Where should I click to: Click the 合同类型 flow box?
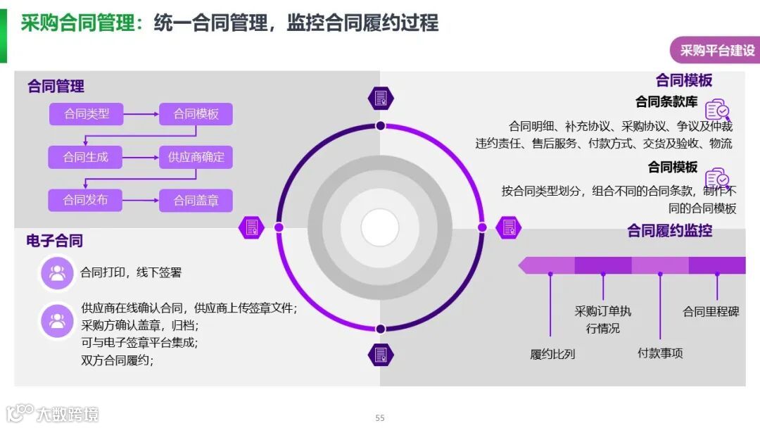click(x=86, y=114)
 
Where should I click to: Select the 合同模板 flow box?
click(x=196, y=114)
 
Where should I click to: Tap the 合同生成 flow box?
click(x=86, y=157)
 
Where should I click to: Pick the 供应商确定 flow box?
click(x=196, y=157)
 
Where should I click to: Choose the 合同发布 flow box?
click(x=86, y=200)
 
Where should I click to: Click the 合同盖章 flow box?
click(x=196, y=201)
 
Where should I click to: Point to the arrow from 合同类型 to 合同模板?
click(x=141, y=114)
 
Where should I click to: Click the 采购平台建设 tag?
click(x=716, y=51)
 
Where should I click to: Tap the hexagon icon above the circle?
click(x=381, y=98)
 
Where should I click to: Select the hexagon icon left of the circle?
click(x=251, y=227)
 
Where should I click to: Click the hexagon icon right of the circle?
click(x=508, y=227)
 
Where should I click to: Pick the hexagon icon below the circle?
click(x=381, y=354)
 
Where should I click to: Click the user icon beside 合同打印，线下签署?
click(x=57, y=273)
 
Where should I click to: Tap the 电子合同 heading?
click(x=55, y=241)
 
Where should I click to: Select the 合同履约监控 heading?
click(x=669, y=230)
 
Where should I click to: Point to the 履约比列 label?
click(x=552, y=354)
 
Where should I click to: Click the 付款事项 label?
click(x=660, y=353)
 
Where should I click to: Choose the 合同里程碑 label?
click(x=711, y=311)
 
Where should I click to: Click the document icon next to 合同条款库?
click(x=717, y=110)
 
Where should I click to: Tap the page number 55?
click(x=380, y=417)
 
